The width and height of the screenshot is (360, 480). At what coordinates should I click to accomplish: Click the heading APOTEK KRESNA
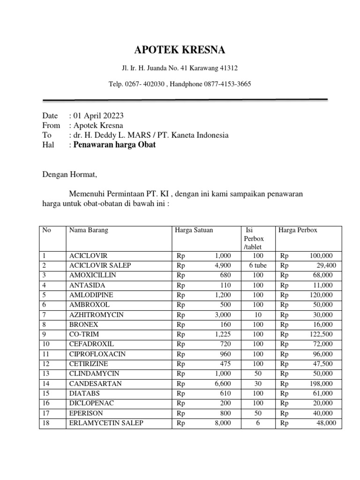[x=180, y=50]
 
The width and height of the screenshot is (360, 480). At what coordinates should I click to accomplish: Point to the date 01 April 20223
[x=98, y=116]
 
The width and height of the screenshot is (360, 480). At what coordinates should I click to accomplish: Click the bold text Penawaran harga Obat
[x=114, y=145]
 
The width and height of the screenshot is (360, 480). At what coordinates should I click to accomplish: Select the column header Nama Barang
[x=89, y=230]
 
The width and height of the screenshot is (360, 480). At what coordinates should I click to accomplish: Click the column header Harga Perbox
[x=298, y=230]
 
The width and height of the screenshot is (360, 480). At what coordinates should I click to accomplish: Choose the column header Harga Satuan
[x=194, y=230]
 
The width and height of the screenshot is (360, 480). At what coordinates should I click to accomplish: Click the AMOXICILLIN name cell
[x=92, y=275]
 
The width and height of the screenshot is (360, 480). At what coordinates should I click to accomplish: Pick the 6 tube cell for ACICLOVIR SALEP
[x=257, y=265]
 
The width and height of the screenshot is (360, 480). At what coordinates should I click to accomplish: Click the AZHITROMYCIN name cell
[x=96, y=315]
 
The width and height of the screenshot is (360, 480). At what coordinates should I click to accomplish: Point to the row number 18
[x=45, y=423]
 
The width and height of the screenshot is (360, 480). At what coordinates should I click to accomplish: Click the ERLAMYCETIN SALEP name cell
[x=106, y=423]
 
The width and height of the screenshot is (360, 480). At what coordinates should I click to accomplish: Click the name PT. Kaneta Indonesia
[x=193, y=135]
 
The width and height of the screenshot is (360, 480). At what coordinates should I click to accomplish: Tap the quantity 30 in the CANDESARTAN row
[x=257, y=383]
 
